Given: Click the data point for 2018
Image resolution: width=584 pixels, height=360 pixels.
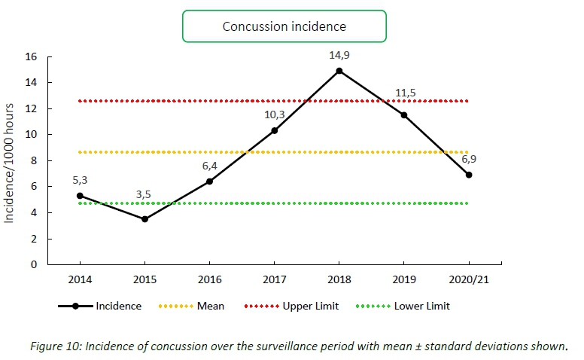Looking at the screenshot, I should click(339, 71).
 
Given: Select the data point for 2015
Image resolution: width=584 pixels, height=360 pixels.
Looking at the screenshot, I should click(144, 219).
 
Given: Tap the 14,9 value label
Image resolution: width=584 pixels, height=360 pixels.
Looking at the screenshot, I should click(339, 55).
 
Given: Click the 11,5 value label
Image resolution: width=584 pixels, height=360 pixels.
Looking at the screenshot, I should click(405, 93).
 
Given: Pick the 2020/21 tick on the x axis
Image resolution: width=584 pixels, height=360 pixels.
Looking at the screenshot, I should click(469, 279).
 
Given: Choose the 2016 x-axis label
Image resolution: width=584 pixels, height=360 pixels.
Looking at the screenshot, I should click(209, 279).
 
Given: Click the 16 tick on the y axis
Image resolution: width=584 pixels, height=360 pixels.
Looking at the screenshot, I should click(32, 56).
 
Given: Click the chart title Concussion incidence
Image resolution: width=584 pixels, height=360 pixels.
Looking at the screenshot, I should click(284, 26).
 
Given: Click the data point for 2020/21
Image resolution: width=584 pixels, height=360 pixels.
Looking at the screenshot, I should click(469, 175).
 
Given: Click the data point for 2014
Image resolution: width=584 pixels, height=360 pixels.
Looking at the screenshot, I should click(80, 196).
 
